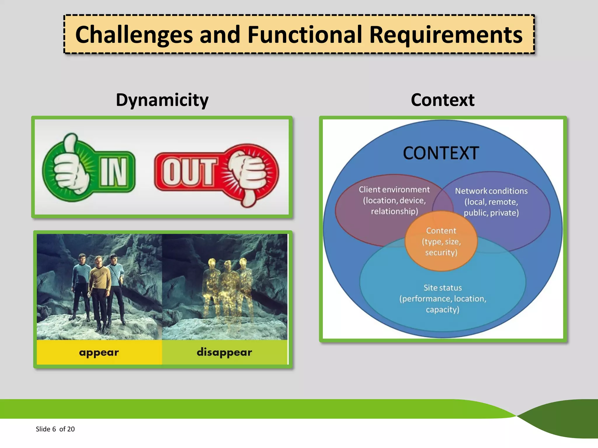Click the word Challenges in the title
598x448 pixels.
134,35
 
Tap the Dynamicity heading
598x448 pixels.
162,100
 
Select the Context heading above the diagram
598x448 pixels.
442,100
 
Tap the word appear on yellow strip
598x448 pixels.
99,352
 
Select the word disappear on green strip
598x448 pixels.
224,352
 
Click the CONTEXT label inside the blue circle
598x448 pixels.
441,153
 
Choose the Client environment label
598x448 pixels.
394,190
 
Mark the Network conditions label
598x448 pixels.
491,191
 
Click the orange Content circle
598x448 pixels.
441,242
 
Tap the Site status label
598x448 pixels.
443,288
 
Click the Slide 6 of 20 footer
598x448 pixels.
55,429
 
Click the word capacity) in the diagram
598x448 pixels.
443,309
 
